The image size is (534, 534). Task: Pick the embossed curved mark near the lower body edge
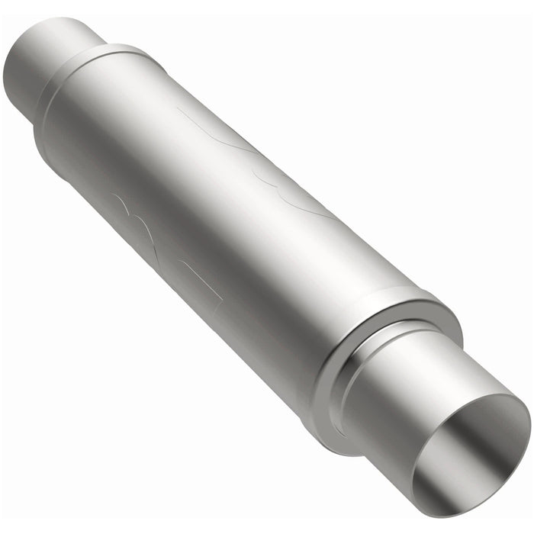pos(137,214)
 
